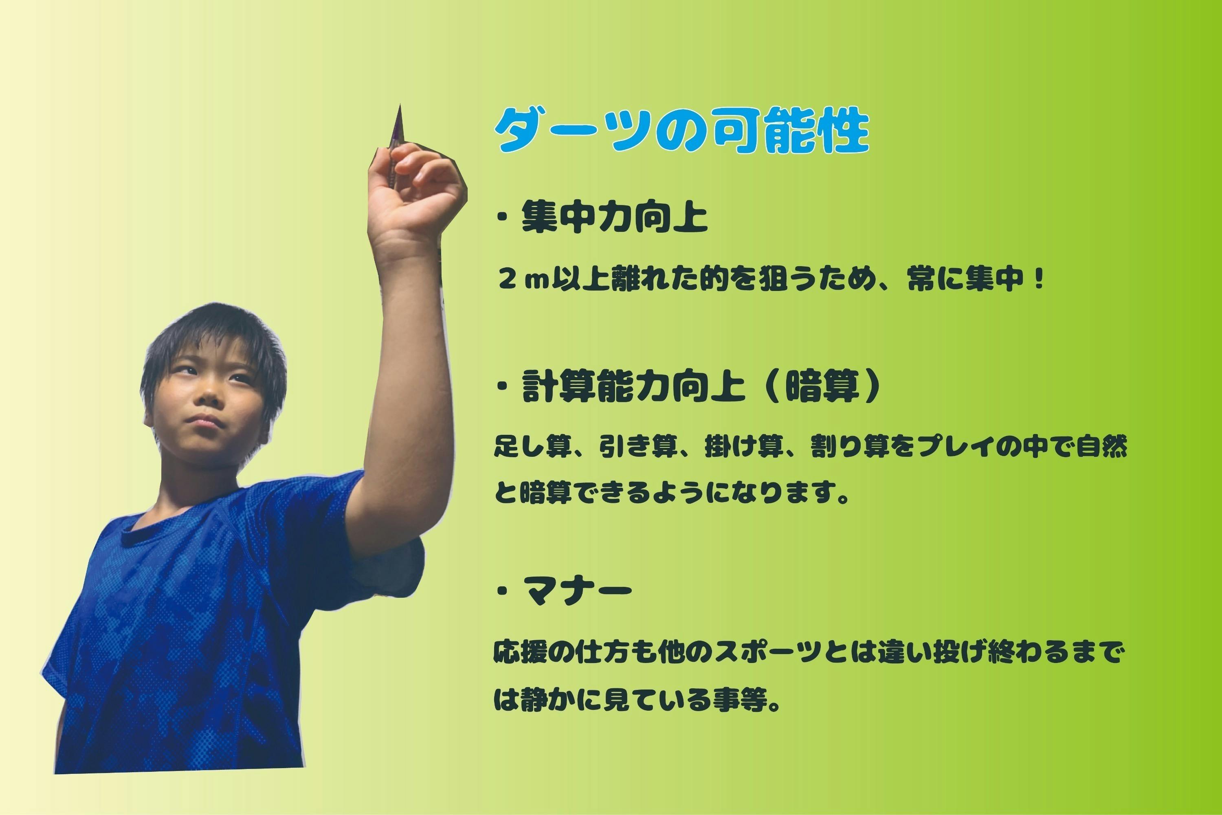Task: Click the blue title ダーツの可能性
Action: (x=681, y=130)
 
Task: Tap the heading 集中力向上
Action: (x=615, y=218)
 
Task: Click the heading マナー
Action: (x=578, y=589)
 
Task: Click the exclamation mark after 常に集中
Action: (x=1038, y=281)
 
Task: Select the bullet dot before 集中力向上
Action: (x=502, y=219)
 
